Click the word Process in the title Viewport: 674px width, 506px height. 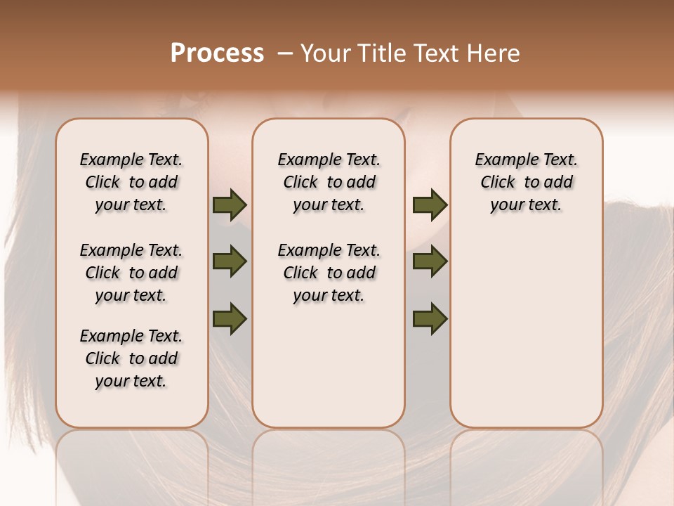point(217,53)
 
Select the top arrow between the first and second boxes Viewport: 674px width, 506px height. point(230,205)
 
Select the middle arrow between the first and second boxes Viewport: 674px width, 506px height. point(230,261)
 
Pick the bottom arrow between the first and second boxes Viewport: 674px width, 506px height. point(230,318)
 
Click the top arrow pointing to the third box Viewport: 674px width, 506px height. point(430,205)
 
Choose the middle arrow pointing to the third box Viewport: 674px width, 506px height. point(430,261)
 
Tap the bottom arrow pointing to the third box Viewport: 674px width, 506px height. point(430,318)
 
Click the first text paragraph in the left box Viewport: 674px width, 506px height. point(131,182)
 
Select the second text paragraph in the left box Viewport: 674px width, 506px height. point(131,273)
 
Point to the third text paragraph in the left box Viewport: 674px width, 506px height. point(131,358)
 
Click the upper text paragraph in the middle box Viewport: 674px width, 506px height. point(329,182)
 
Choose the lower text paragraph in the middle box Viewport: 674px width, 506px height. point(329,273)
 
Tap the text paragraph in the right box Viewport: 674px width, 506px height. point(526,182)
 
